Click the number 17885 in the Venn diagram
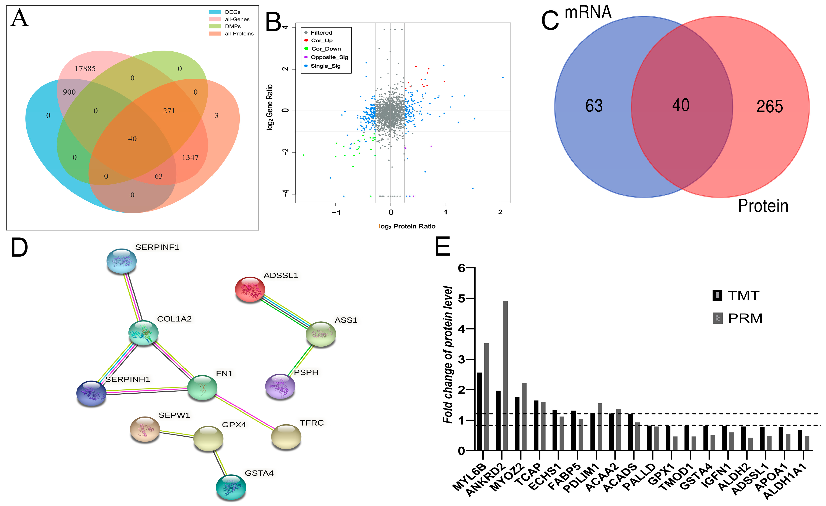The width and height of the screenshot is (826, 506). tap(85, 69)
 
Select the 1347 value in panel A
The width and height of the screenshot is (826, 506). tap(190, 158)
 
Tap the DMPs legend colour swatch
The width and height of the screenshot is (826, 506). tap(215, 26)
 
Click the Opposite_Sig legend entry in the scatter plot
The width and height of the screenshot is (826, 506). tap(329, 57)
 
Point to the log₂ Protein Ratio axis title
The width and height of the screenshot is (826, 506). tap(407, 227)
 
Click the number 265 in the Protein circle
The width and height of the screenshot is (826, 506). tap(770, 107)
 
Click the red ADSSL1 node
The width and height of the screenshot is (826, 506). tap(250, 289)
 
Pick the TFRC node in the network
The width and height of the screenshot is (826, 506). tap(286, 436)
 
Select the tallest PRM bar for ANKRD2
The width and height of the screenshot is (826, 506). tap(505, 376)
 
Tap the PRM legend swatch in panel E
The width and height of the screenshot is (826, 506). tap(717, 318)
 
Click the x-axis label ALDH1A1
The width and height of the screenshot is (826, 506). tap(784, 483)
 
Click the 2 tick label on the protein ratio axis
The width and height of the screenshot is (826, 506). tap(500, 212)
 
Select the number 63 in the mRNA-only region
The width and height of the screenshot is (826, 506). tap(594, 106)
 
